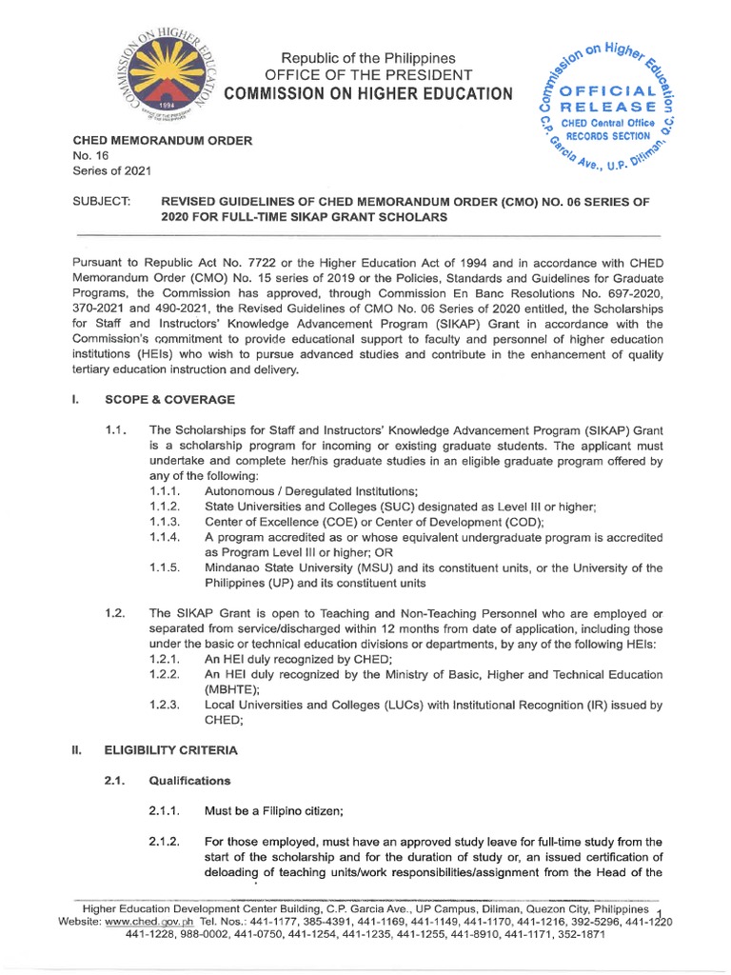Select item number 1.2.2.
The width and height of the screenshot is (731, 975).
(x=168, y=673)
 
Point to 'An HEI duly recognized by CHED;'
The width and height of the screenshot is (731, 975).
(x=299, y=658)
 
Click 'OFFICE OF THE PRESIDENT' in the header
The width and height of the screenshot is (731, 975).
(x=367, y=74)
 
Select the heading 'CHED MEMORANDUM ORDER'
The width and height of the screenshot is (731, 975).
(x=163, y=141)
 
